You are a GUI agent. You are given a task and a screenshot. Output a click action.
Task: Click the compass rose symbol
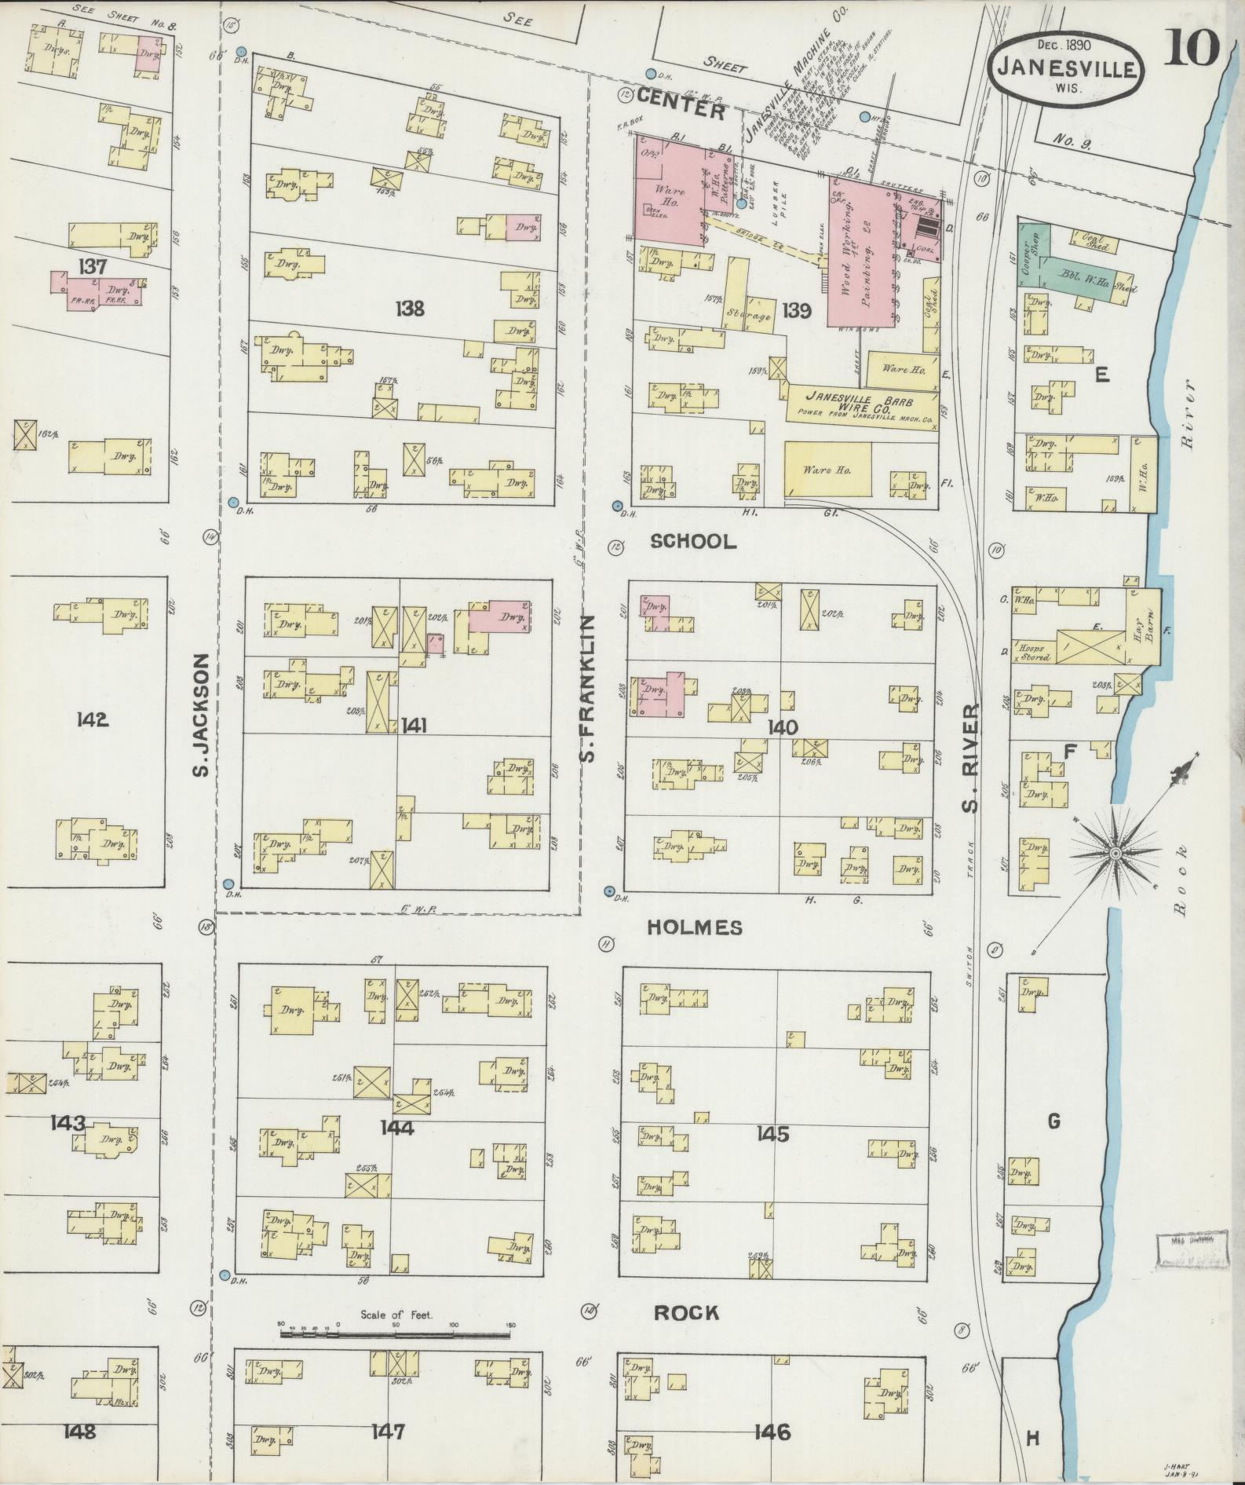(x=1115, y=852)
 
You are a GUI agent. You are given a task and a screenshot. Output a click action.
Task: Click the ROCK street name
(x=687, y=1312)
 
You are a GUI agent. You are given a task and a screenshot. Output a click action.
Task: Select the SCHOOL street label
(x=694, y=541)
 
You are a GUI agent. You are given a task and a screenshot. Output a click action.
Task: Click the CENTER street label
(x=681, y=111)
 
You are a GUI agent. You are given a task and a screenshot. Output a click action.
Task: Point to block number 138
(x=410, y=309)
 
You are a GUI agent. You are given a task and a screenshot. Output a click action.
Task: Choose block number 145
(x=772, y=1134)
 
